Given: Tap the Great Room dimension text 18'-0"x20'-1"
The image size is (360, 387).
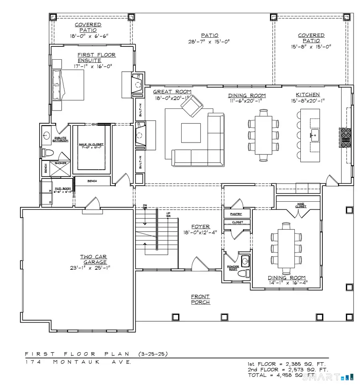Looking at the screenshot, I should click(172, 98).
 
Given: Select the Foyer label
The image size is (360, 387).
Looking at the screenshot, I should click(201, 227).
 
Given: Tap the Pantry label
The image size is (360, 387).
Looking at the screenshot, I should click(236, 214).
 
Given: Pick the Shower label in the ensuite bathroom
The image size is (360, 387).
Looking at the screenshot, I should click(60, 163).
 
